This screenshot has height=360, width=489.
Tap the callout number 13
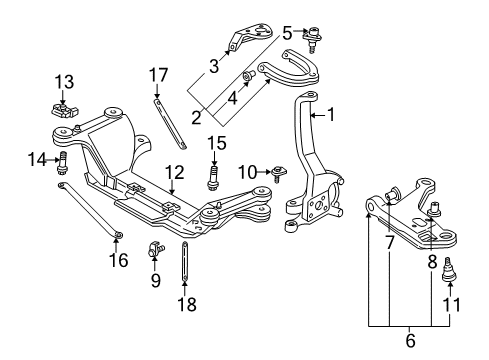pyautogui.click(x=64, y=81)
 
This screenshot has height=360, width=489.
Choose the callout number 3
pyautogui.click(x=213, y=68)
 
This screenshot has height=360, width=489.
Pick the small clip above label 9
pyautogui.click(x=156, y=246)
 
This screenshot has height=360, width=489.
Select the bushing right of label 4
pyautogui.click(x=246, y=77)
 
